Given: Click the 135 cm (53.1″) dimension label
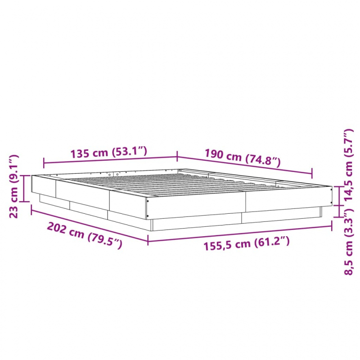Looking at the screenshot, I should (109, 153).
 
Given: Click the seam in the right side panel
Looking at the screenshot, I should (245, 200).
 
